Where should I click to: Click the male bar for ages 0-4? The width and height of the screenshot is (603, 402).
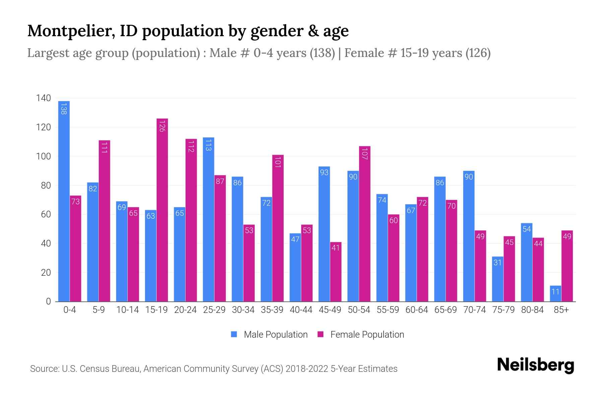(x=64, y=201)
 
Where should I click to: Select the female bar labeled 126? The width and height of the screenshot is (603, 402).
(x=162, y=210)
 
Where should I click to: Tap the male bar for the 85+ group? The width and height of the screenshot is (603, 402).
(x=555, y=293)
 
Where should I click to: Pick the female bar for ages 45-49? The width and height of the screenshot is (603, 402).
(x=336, y=272)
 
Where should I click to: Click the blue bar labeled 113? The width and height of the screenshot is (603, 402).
(x=208, y=219)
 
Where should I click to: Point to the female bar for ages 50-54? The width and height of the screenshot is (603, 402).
(x=364, y=224)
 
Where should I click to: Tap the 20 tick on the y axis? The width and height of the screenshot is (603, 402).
(x=46, y=273)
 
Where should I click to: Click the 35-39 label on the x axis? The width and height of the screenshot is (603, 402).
(x=272, y=310)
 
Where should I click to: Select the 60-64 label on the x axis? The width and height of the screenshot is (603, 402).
(x=416, y=310)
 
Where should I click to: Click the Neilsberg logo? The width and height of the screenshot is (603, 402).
(x=535, y=365)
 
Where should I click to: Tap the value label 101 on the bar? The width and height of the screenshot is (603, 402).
(x=278, y=162)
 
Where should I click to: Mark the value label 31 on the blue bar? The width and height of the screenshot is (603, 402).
(x=497, y=262)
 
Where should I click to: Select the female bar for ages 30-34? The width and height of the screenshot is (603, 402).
(x=249, y=263)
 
